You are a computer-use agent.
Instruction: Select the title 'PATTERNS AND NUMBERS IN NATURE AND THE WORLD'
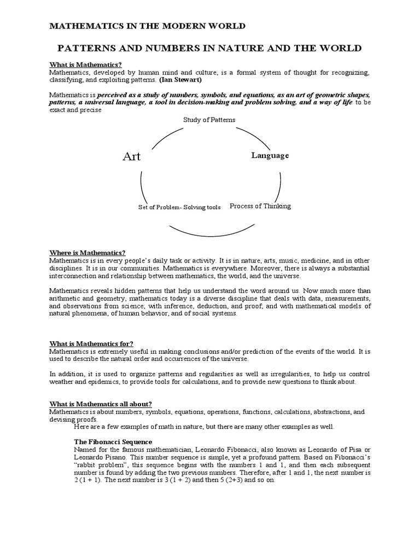pyautogui.click(x=210, y=48)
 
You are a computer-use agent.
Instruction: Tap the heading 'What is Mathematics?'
pyautogui.click(x=85, y=65)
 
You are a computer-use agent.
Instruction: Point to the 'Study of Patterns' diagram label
pyautogui.click(x=209, y=119)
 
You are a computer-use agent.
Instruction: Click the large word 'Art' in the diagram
pyautogui.click(x=131, y=156)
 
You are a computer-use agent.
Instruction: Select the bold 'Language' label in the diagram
pyautogui.click(x=270, y=155)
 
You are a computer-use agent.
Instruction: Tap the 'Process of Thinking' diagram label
pyautogui.click(x=260, y=206)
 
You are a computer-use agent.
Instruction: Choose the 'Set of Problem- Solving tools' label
pyautogui.click(x=179, y=207)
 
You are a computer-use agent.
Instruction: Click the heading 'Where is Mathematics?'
pyautogui.click(x=87, y=253)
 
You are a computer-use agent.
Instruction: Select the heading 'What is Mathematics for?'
pyautogui.click(x=91, y=343)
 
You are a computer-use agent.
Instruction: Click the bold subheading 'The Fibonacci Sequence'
pyautogui.click(x=113, y=441)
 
